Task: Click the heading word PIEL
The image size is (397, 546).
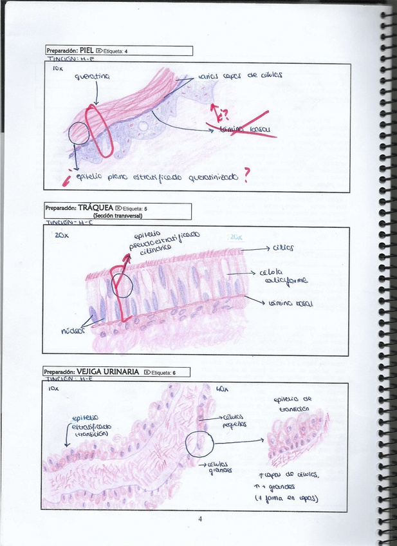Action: (x=87, y=50)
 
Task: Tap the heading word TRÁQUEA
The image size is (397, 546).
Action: (x=95, y=208)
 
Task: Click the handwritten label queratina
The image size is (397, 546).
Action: (x=93, y=77)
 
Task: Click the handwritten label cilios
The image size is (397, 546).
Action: (x=283, y=247)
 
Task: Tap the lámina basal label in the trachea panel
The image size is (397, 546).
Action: (x=290, y=302)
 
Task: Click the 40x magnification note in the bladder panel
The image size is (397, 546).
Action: (x=222, y=389)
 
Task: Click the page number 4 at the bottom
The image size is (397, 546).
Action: (x=200, y=519)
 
